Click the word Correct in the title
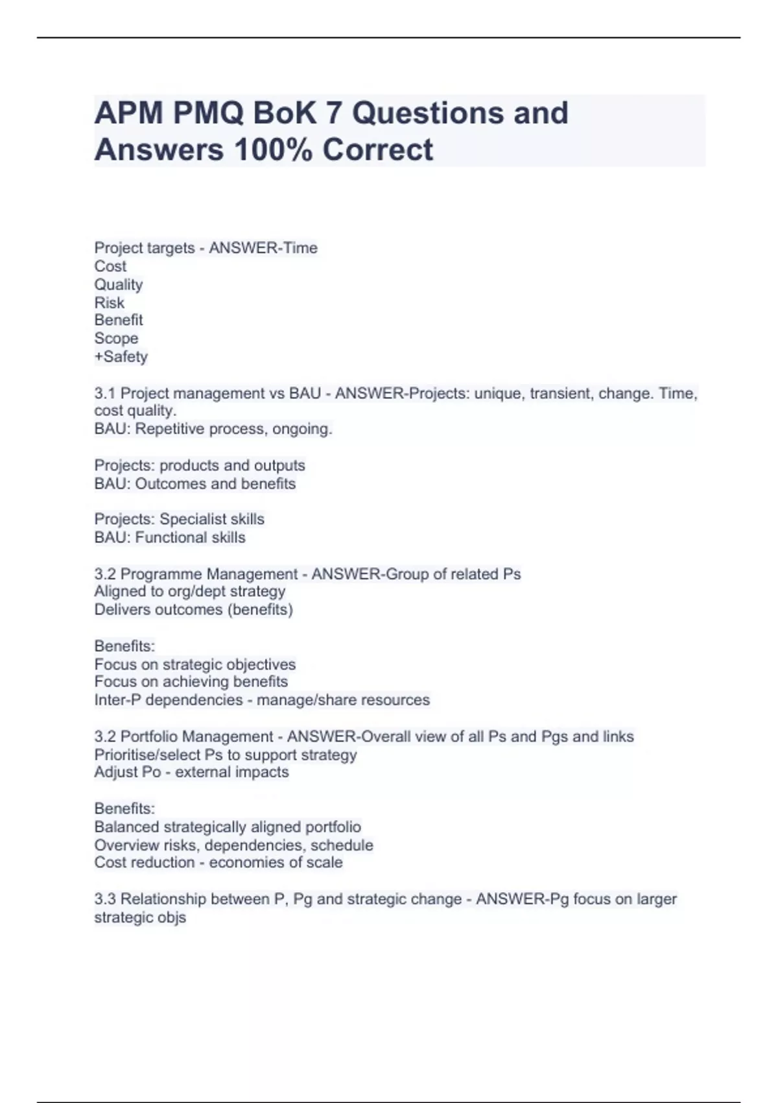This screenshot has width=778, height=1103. pyautogui.click(x=377, y=149)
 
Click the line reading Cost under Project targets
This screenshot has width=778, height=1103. pyautogui.click(x=110, y=266)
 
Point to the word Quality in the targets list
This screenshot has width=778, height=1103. pyautogui.click(x=119, y=284)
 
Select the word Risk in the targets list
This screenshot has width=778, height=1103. pyautogui.click(x=109, y=302)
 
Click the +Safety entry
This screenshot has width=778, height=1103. pyautogui.click(x=121, y=356)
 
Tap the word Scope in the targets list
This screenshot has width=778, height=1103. pyautogui.click(x=116, y=338)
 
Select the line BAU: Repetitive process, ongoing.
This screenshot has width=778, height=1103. pyautogui.click(x=213, y=429)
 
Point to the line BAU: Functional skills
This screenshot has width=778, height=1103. pyautogui.click(x=170, y=537)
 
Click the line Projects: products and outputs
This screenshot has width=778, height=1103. pyautogui.click(x=200, y=465)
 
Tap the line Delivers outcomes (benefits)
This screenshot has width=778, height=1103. pyautogui.click(x=193, y=609)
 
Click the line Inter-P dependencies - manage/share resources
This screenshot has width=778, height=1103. pyautogui.click(x=262, y=699)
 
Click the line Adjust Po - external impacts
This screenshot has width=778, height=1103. pyautogui.click(x=191, y=772)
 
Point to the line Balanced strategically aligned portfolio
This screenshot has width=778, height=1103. pyautogui.click(x=228, y=827)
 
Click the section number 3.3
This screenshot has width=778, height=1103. pyautogui.click(x=105, y=899)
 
